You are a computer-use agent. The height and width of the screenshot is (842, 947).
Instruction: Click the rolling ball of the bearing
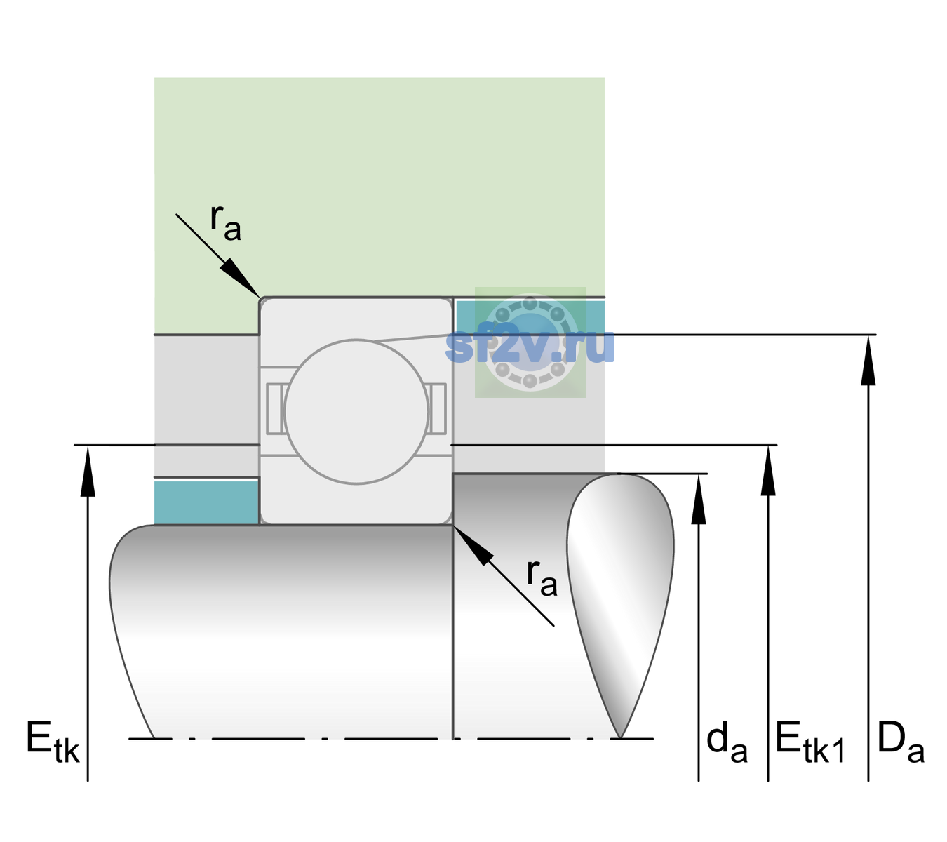[356, 411]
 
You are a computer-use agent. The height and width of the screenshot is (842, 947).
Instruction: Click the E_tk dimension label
[53, 741]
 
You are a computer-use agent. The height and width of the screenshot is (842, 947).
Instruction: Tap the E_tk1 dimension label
[810, 742]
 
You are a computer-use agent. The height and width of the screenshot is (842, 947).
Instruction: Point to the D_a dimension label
[901, 742]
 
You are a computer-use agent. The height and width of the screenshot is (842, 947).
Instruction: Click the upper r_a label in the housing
[225, 223]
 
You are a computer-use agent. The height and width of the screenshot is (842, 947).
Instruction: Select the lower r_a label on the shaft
[542, 578]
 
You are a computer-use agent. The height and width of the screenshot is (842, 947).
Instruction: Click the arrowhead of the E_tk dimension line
[88, 470]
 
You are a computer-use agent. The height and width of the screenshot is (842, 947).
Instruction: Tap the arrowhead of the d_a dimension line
[699, 499]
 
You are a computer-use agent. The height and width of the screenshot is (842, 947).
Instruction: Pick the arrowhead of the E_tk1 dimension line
[768, 470]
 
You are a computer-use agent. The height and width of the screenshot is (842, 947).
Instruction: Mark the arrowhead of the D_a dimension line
[868, 360]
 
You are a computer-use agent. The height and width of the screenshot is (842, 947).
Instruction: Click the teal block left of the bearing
[207, 502]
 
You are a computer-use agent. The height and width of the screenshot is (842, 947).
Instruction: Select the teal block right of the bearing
[530, 317]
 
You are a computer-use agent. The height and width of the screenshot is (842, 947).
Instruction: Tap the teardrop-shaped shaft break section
[620, 606]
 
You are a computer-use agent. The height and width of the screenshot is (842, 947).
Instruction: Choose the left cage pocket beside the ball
[275, 409]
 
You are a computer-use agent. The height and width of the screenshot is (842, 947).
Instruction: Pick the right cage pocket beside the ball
[438, 409]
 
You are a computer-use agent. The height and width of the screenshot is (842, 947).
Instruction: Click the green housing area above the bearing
[379, 187]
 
